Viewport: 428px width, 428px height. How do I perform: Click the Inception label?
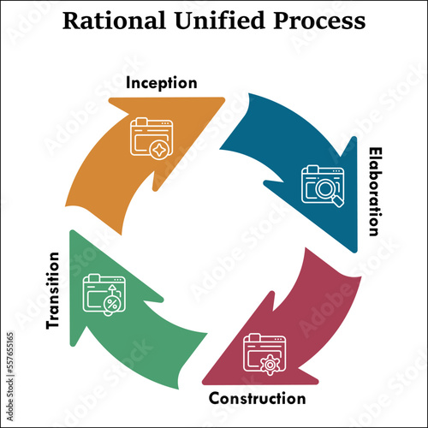click(162, 83)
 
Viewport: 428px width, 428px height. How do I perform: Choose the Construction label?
click(257, 398)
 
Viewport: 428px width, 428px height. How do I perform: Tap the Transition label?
click(52, 290)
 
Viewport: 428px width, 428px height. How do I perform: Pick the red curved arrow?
click(300, 325)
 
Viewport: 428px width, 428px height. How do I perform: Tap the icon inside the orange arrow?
click(152, 138)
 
